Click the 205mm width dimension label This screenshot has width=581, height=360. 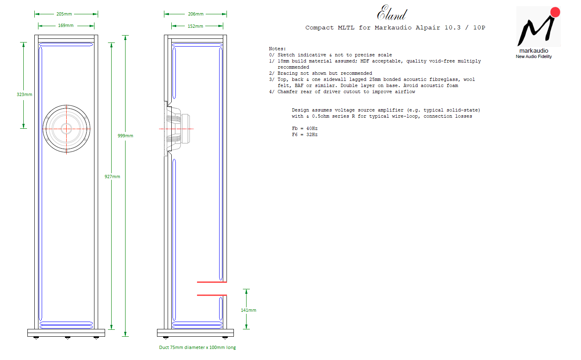(x=64, y=14)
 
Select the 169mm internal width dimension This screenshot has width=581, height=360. (x=65, y=25)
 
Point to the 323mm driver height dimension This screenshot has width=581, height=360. (x=25, y=95)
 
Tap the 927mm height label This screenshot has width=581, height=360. (x=112, y=177)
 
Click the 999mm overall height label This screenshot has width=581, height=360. (x=125, y=136)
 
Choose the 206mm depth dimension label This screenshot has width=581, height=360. (x=195, y=14)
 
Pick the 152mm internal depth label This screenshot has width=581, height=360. (x=195, y=26)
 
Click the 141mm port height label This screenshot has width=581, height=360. (x=249, y=310)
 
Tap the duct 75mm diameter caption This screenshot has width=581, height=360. (x=197, y=348)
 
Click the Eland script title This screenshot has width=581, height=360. (x=392, y=13)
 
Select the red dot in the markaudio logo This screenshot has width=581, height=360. (x=555, y=12)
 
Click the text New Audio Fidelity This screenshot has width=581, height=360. (x=534, y=56)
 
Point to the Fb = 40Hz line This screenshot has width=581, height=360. (x=305, y=129)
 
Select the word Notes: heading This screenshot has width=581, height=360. (x=277, y=49)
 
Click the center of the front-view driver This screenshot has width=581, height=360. (x=66, y=129)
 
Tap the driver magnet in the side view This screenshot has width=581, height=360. (x=186, y=129)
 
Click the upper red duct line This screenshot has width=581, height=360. (x=212, y=282)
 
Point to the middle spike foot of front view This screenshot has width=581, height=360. (x=67, y=338)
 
